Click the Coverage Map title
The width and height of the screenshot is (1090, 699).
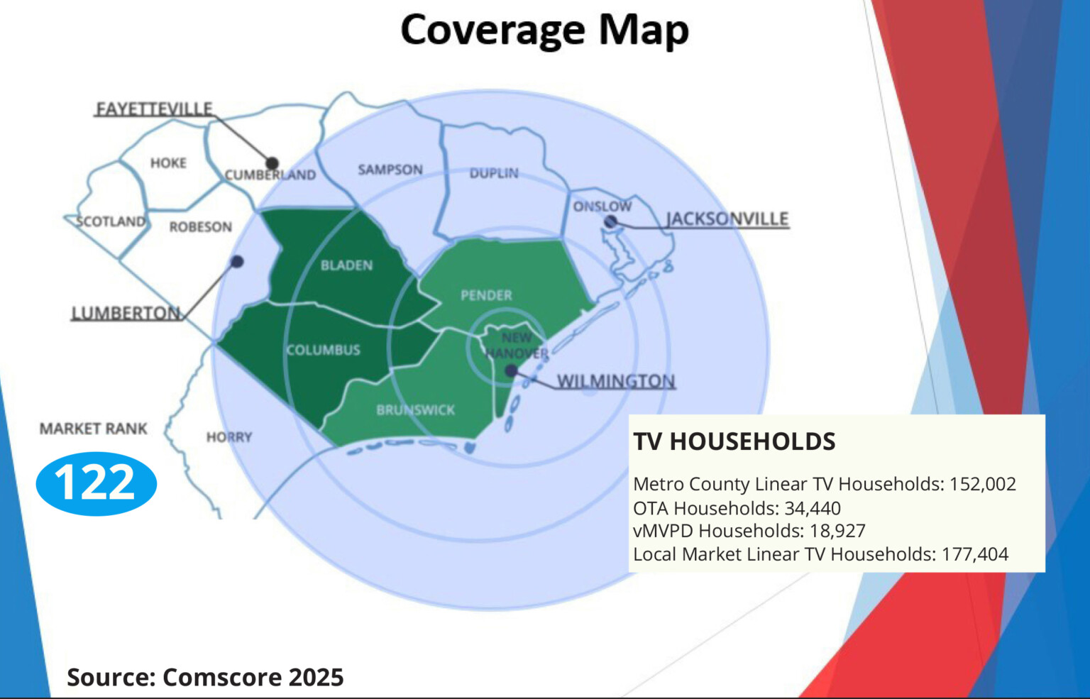544,31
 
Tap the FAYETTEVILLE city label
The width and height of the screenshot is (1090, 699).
154,109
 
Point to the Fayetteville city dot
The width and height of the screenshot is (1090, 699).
272,164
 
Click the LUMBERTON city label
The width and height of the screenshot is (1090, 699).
126,313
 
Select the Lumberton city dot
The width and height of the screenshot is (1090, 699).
238,262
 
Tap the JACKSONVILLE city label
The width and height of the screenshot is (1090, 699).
727,219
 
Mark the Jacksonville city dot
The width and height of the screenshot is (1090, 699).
610,222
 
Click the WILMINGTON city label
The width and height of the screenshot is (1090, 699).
615,381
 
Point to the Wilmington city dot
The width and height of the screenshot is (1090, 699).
511,370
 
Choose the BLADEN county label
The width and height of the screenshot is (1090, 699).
346,265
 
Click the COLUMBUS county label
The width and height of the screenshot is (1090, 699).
323,350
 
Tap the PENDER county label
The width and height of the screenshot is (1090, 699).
486,295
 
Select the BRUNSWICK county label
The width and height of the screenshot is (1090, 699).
415,410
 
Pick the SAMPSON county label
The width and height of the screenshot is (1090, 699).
390,170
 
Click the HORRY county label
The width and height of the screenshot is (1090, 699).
229,437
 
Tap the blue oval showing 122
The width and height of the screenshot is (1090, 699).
96,483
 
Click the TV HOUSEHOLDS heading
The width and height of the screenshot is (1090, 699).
734,441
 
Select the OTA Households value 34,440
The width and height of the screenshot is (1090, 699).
813,508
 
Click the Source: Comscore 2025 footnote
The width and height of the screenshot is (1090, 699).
205,677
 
